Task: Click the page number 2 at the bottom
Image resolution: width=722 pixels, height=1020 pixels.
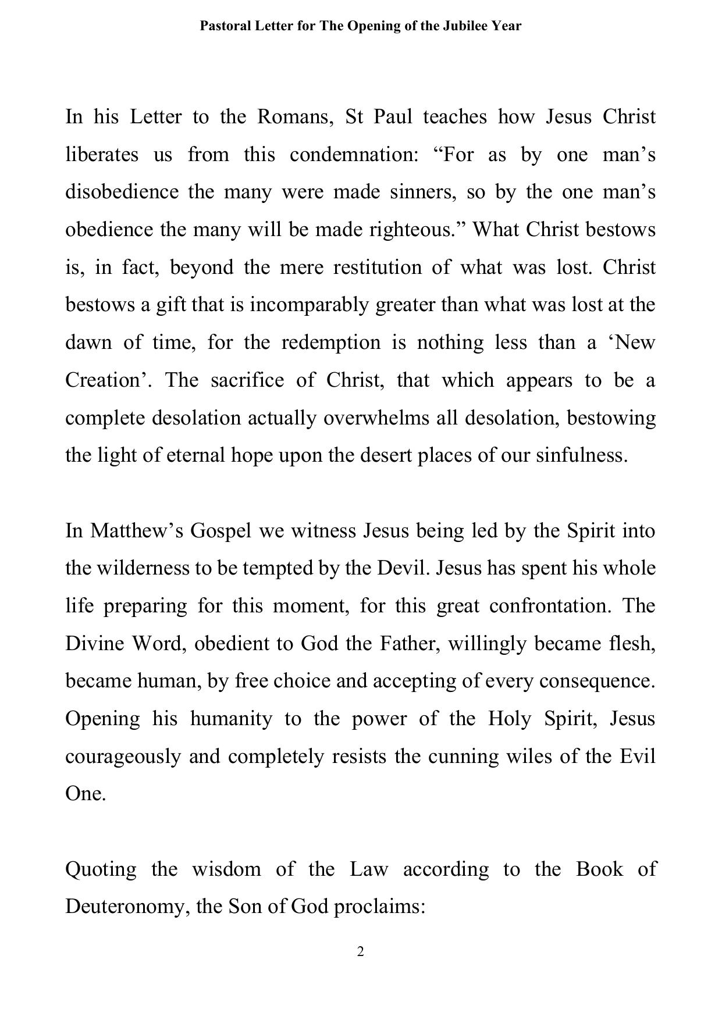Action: (361, 951)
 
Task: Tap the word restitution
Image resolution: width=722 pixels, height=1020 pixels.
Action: (377, 268)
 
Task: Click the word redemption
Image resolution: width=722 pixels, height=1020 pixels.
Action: (330, 343)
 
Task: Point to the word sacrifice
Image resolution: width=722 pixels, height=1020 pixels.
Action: (247, 380)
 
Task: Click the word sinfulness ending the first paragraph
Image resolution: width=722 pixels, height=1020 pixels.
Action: (582, 455)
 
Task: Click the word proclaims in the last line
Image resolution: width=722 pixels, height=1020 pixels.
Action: (380, 907)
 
